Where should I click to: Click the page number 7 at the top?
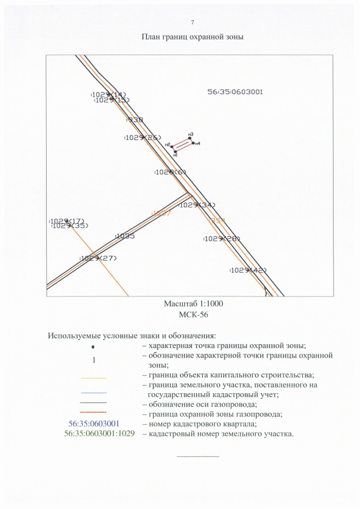click(x=192, y=22)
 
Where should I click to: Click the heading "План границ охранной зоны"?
click(x=192, y=37)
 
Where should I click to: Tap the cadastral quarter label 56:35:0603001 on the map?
click(x=235, y=91)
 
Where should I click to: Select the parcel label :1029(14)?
click(x=109, y=94)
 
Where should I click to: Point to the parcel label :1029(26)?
click(x=143, y=138)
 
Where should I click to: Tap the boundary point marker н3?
click(x=190, y=138)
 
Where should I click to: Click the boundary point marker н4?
click(x=193, y=143)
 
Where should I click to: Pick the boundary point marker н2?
click(x=172, y=146)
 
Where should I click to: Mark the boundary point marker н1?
click(x=175, y=152)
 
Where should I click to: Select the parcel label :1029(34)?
click(x=197, y=205)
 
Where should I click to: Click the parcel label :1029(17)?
click(x=66, y=220)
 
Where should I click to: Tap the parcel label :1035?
click(x=124, y=236)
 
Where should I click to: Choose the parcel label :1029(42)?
click(x=248, y=270)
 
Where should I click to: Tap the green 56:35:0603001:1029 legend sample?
click(x=100, y=434)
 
